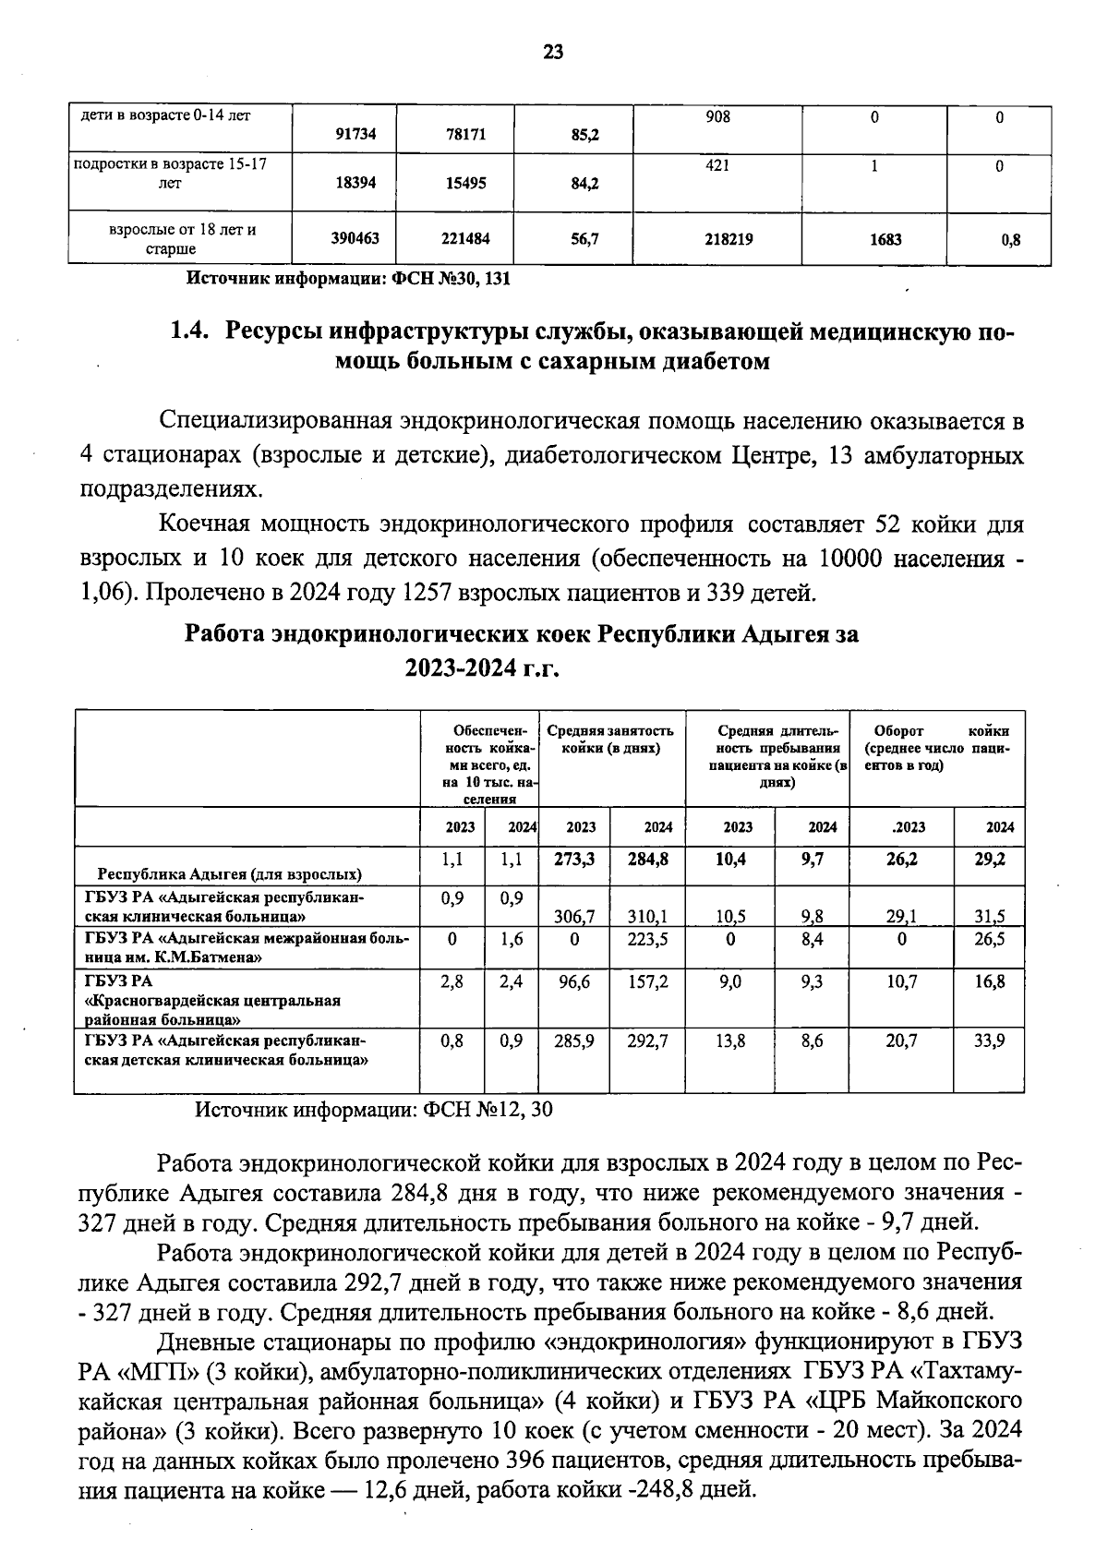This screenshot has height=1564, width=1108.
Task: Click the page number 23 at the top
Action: tap(553, 52)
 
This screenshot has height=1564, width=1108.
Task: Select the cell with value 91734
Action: tap(355, 135)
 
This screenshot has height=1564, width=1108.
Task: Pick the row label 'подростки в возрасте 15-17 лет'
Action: tap(170, 174)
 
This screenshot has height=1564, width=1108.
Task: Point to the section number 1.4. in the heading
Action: tap(192, 330)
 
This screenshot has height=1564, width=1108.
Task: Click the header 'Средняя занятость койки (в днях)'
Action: tap(610, 739)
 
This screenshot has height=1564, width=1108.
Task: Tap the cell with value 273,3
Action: tap(573, 860)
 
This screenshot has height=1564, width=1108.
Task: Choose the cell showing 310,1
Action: tap(648, 917)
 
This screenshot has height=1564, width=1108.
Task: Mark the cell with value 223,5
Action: tap(648, 939)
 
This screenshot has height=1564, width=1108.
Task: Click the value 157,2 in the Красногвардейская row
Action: tap(648, 982)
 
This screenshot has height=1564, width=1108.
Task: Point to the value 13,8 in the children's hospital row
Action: tap(730, 1041)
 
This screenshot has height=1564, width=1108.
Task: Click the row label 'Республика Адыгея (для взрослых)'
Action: tap(230, 873)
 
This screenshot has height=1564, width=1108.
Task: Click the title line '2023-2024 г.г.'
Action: tap(483, 668)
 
